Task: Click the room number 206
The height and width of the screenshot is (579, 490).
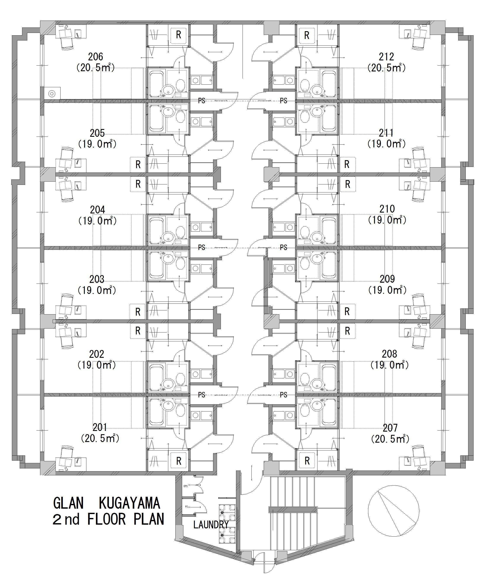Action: pos(95,57)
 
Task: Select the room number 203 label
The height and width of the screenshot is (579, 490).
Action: pos(97,279)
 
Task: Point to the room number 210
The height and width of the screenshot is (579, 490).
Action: pos(387,209)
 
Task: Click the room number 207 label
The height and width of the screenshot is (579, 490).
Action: pos(390,428)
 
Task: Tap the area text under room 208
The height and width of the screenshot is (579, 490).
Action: pos(390,365)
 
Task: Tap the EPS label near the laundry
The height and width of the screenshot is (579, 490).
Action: pos(186,486)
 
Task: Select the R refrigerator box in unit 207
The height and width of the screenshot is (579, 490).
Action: pos(307,461)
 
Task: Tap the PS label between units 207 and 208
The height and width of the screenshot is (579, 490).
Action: pos(283,395)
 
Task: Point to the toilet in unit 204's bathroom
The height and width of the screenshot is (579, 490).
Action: pos(181,232)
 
